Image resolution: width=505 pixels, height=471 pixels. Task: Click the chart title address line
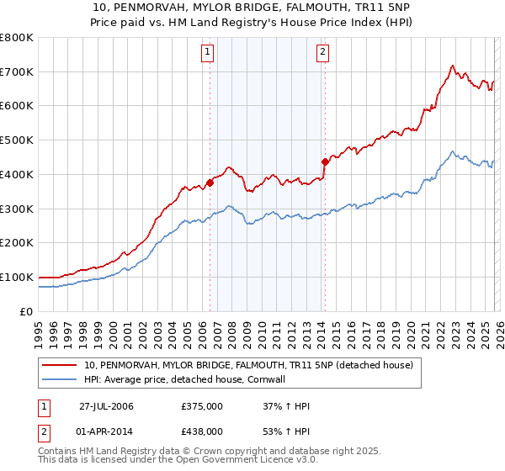pyautogui.click(x=252, y=8)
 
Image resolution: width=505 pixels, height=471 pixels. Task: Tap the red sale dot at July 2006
pyautogui.click(x=210, y=183)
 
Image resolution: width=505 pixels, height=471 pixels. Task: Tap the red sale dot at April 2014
pyautogui.click(x=324, y=161)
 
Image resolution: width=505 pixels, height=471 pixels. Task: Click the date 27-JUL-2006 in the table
pyautogui.click(x=106, y=407)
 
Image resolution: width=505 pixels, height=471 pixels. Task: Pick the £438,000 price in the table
pyautogui.click(x=202, y=431)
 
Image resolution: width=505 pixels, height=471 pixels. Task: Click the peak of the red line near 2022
pyautogui.click(x=452, y=66)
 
